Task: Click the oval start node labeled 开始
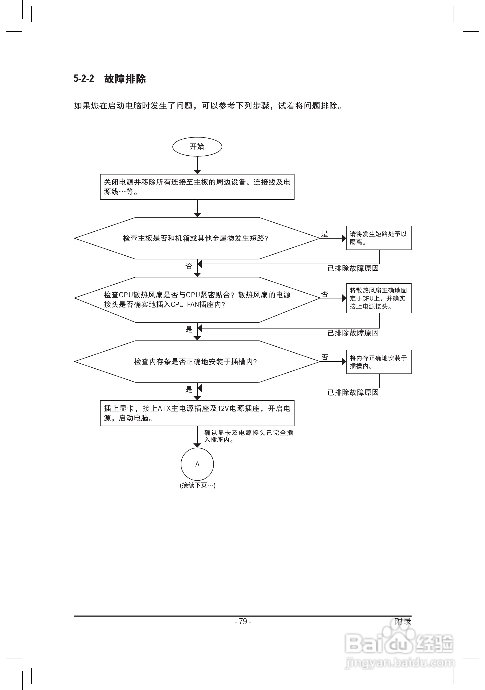tap(197, 147)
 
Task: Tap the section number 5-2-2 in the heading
tap(84, 79)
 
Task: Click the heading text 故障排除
tap(125, 79)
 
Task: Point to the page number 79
tap(243, 621)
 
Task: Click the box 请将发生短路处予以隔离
tap(379, 238)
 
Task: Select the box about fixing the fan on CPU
tap(379, 298)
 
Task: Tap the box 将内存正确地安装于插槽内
tap(379, 362)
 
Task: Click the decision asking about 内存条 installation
tap(195, 361)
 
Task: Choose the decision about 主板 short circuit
tap(195, 238)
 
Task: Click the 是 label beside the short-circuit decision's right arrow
tap(325, 234)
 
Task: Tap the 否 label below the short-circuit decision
tap(189, 266)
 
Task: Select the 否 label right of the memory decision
tap(325, 357)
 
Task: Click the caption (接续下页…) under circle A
tap(197, 485)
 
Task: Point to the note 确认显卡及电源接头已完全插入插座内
tap(248, 436)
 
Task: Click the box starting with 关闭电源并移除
tap(197, 187)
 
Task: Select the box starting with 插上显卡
tap(197, 413)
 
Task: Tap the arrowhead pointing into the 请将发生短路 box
tap(344, 238)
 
